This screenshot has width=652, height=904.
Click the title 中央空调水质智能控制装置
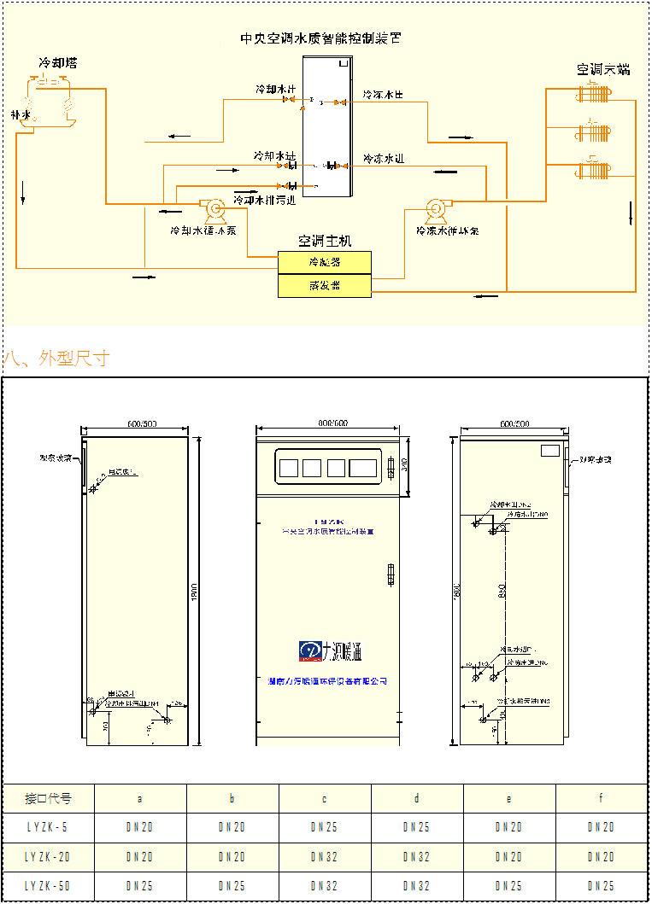pyautogui.click(x=320, y=38)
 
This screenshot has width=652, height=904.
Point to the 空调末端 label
pyautogui.click(x=602, y=70)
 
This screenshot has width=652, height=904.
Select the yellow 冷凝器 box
pyautogui.click(x=325, y=262)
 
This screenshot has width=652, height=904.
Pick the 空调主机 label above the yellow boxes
pyautogui.click(x=324, y=242)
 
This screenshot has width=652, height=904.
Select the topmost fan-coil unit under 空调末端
pyautogui.click(x=593, y=93)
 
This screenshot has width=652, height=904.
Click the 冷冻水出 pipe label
pyautogui.click(x=382, y=93)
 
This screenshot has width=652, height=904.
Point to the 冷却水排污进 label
pyautogui.click(x=264, y=201)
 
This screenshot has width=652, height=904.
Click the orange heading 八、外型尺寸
pyautogui.click(x=57, y=358)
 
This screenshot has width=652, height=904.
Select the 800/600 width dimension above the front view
pyautogui.click(x=327, y=423)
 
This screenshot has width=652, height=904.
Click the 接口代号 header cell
pyautogui.click(x=48, y=799)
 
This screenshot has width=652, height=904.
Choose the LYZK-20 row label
pyautogui.click(x=48, y=856)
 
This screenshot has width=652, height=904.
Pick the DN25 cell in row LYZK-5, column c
pyautogui.click(x=325, y=827)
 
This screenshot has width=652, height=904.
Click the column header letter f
pyautogui.click(x=602, y=799)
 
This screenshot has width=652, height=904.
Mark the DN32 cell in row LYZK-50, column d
pyautogui.click(x=417, y=886)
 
